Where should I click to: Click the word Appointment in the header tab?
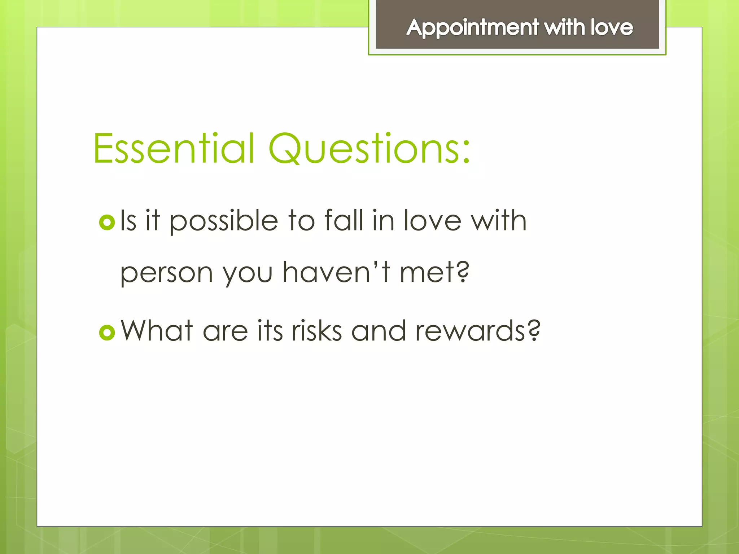tap(472, 28)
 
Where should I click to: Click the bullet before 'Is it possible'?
tap(107, 222)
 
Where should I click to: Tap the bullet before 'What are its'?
tap(107, 332)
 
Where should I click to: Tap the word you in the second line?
tap(247, 274)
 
